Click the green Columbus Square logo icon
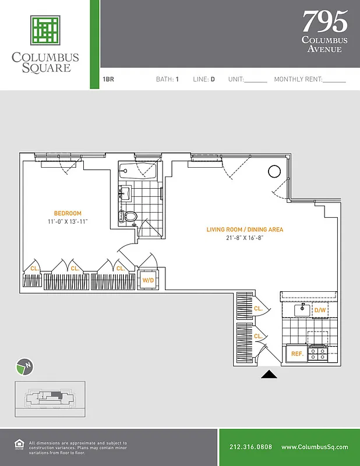click(x=45, y=31)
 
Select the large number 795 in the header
click(x=324, y=22)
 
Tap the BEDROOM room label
click(x=68, y=213)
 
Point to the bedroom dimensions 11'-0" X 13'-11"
click(x=68, y=222)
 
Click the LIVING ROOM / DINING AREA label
click(x=245, y=230)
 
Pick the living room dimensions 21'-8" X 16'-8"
click(x=245, y=238)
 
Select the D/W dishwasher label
click(x=320, y=310)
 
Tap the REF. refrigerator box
click(x=297, y=354)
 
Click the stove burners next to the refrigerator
click(x=318, y=353)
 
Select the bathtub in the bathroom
click(x=137, y=172)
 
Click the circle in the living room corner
click(x=274, y=171)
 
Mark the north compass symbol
click(x=23, y=367)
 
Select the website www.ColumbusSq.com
click(x=314, y=447)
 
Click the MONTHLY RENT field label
click(x=297, y=79)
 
